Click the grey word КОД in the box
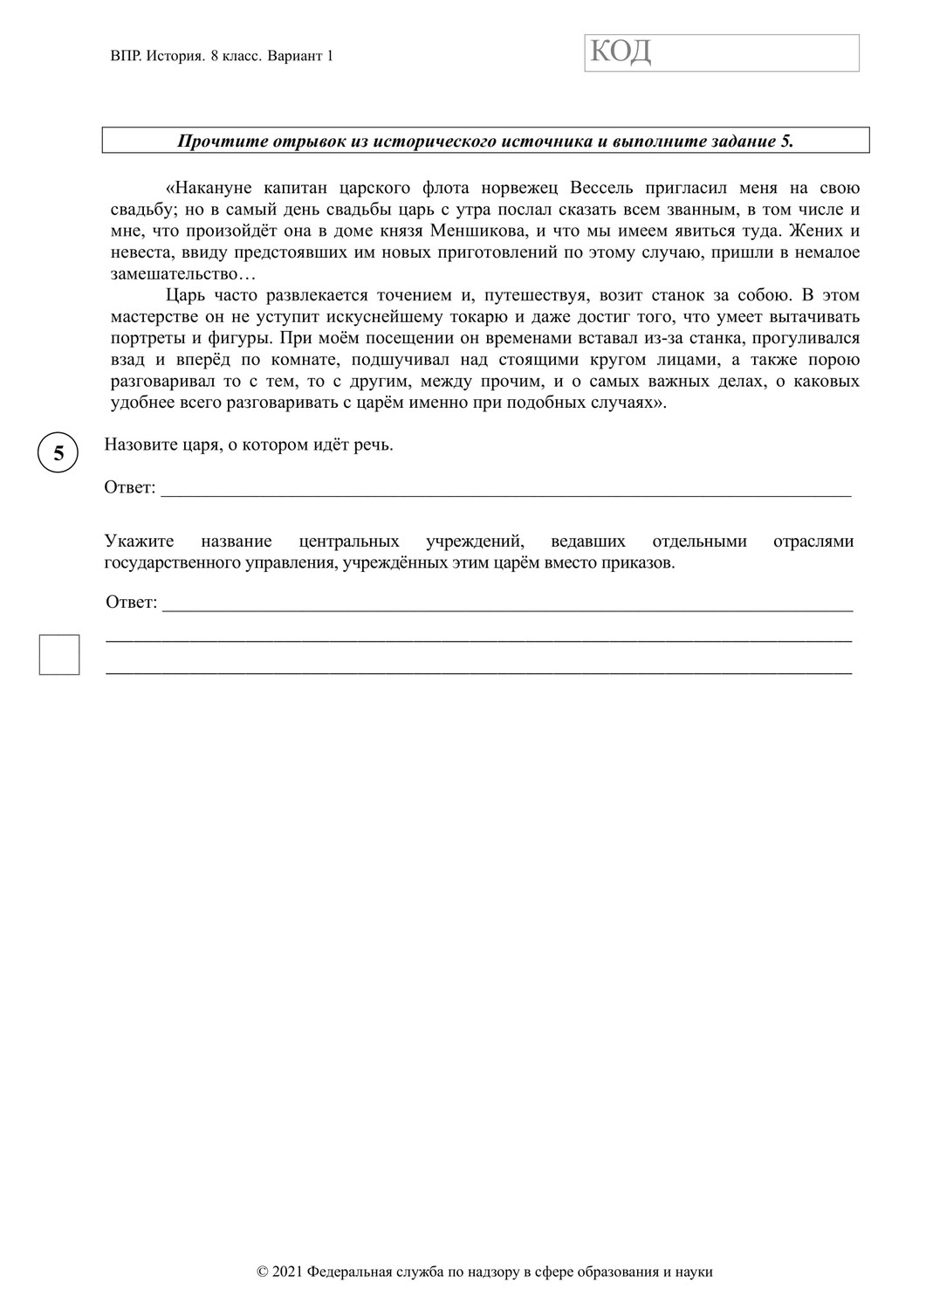(x=621, y=52)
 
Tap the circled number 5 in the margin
(x=58, y=453)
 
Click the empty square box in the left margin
(x=59, y=655)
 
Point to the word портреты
(x=145, y=338)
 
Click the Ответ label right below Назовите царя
(x=129, y=487)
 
